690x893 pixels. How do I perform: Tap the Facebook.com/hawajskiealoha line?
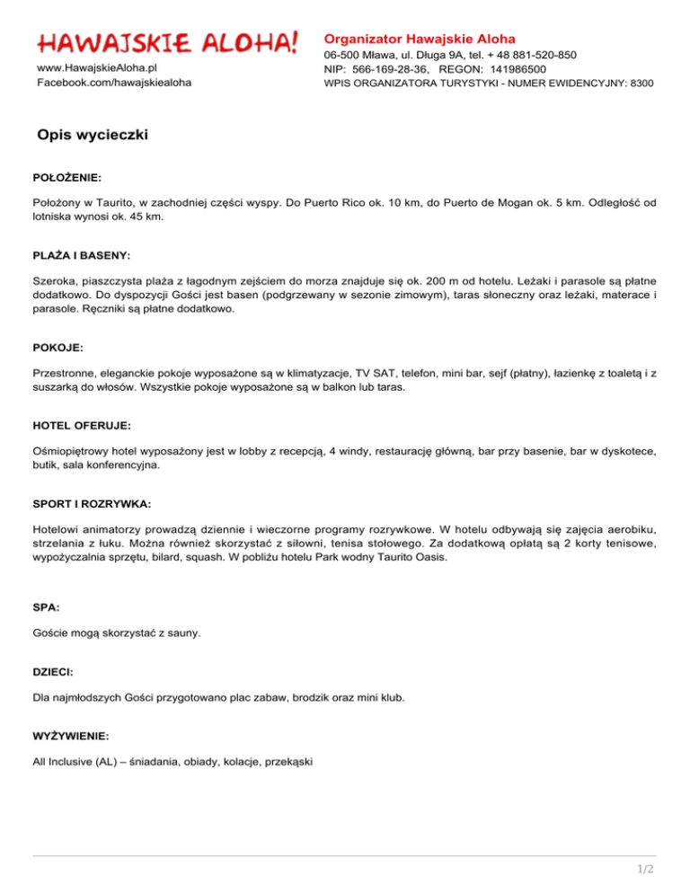coord(113,83)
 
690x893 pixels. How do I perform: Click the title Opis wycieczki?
coord(93,136)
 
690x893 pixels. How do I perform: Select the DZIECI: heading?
coord(55,671)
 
